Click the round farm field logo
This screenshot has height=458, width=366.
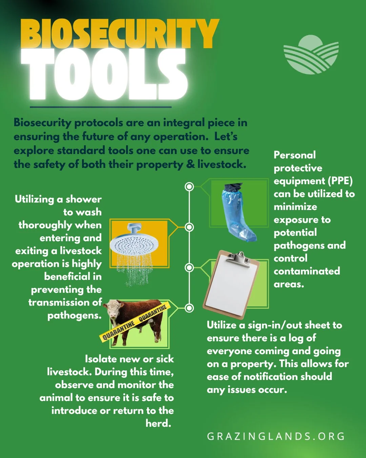(x=311, y=55)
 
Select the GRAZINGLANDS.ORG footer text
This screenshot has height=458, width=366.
(x=276, y=436)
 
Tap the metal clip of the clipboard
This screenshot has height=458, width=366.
(x=239, y=257)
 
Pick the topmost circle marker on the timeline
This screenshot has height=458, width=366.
(x=189, y=186)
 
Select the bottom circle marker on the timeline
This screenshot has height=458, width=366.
(x=189, y=308)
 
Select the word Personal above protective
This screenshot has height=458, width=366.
(x=294, y=155)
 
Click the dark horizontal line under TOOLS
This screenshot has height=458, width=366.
(x=101, y=107)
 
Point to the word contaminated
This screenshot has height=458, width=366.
(x=307, y=271)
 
